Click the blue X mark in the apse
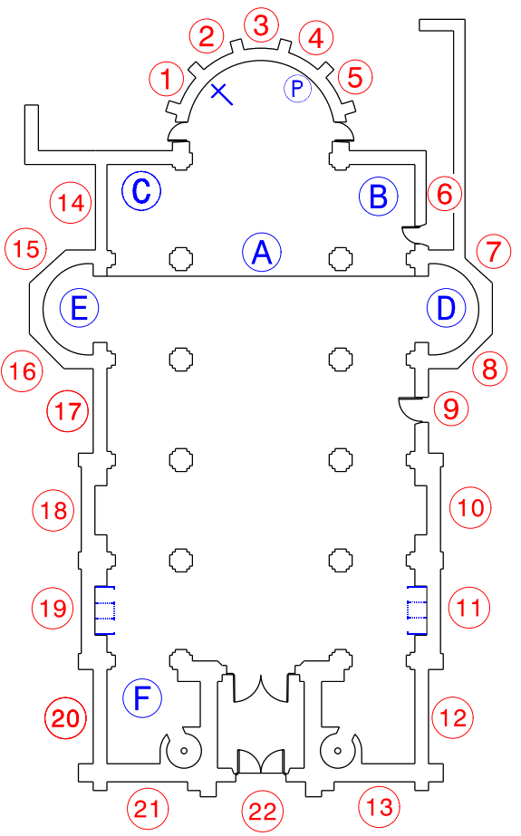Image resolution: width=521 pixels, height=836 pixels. (221, 94)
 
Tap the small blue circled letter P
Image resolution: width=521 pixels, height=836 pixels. (297, 89)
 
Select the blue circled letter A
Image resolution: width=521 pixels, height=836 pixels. (262, 252)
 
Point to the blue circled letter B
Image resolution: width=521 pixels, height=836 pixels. (379, 197)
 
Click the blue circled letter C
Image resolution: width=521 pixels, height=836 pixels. (141, 191)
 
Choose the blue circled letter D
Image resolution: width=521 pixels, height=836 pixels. (447, 308)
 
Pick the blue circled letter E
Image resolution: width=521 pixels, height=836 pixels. (79, 308)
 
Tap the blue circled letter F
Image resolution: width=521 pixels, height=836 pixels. (142, 698)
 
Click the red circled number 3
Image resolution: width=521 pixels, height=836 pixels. (261, 25)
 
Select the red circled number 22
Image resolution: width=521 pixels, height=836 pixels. (263, 812)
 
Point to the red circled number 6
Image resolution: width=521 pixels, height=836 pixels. (445, 194)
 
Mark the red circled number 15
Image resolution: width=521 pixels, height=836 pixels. (25, 249)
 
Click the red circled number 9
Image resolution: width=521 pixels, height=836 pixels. (451, 408)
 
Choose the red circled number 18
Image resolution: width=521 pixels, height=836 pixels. (53, 510)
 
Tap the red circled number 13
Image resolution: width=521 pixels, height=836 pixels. (379, 807)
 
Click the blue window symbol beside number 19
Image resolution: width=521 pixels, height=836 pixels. (104, 610)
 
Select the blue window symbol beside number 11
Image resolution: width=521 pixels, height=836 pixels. (417, 610)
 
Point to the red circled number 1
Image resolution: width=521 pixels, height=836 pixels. (167, 79)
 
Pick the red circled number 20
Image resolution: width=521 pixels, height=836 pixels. (65, 718)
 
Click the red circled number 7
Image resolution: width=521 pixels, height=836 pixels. (494, 252)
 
